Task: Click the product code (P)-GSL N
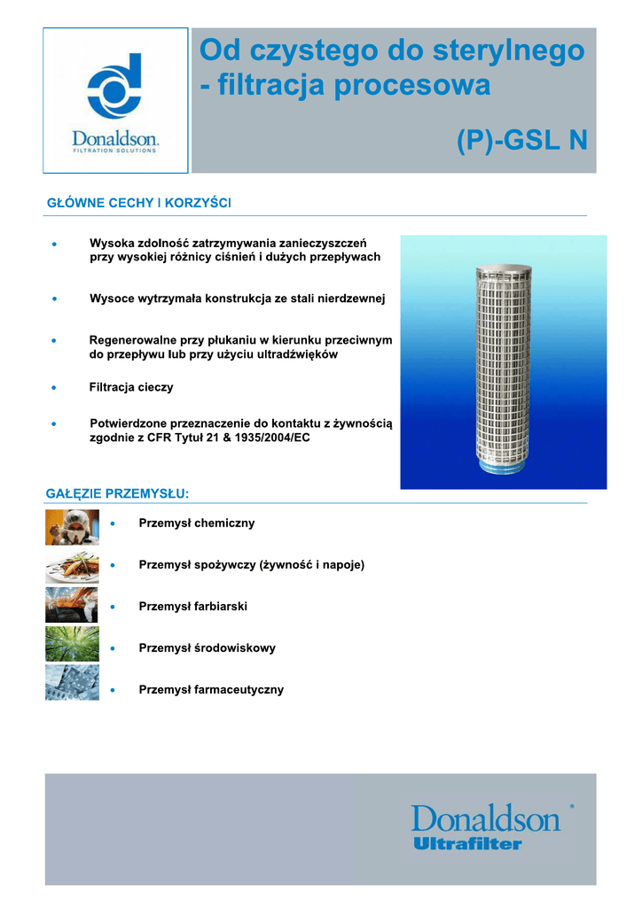point(521,140)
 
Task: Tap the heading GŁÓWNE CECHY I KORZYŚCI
point(138,204)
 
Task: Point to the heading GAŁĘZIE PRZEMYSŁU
point(117,492)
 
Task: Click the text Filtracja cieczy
point(131,387)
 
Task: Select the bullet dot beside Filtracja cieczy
point(55,388)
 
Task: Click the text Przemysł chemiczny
point(197,523)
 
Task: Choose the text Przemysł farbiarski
point(192,607)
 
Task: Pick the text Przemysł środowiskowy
point(207,648)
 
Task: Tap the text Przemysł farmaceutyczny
point(211,690)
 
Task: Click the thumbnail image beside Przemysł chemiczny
point(72,528)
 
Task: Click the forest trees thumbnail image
point(72,644)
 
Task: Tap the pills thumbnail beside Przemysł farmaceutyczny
point(72,683)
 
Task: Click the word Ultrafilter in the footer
point(467,844)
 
